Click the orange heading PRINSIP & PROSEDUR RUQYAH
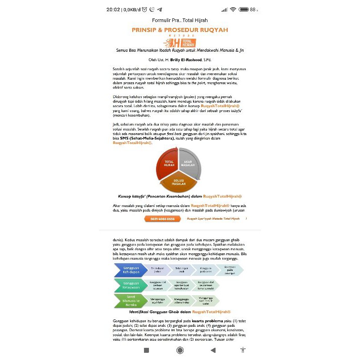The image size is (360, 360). click(x=180, y=30)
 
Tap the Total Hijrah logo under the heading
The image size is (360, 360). click(x=180, y=43)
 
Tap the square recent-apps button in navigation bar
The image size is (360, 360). click(x=146, y=350)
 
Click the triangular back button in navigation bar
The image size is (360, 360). click(x=213, y=350)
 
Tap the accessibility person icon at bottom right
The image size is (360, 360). click(x=243, y=350)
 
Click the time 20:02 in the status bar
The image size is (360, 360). click(x=113, y=9)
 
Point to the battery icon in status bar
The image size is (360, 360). click(x=244, y=9)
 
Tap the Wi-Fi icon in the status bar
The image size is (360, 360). click(x=233, y=9)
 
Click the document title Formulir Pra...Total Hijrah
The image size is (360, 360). click(x=180, y=20)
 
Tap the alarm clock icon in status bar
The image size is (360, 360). click(x=144, y=9)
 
